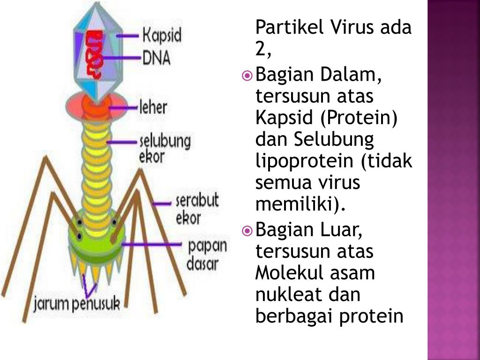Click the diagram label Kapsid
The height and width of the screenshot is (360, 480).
click(162, 36)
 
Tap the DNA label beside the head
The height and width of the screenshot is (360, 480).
click(157, 58)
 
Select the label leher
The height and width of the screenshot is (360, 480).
click(153, 107)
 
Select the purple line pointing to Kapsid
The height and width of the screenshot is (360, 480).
click(128, 36)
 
